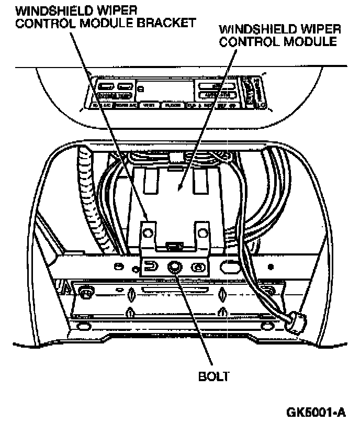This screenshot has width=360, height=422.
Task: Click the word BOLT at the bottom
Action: coord(213,375)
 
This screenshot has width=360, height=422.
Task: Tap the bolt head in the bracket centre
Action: coord(174,267)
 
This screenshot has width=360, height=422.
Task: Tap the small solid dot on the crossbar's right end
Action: coord(271,266)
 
